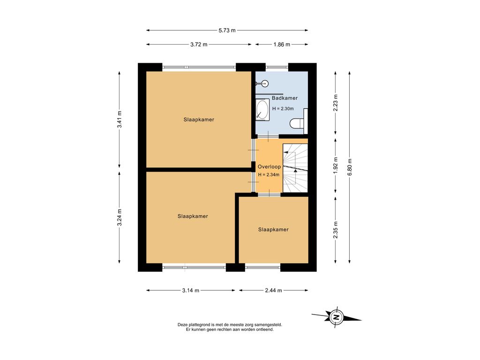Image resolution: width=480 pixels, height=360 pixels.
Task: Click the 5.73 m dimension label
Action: (227, 30)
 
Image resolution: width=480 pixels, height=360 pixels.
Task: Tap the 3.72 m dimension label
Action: (199, 45)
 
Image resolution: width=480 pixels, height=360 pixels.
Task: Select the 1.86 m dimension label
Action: (282, 45)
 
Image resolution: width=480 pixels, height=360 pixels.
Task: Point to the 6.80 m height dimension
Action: (350, 167)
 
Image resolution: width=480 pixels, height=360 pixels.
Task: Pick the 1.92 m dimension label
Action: (336, 165)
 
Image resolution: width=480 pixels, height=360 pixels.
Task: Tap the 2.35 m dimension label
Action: (336, 230)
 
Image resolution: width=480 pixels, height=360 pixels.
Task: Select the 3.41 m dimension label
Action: (120, 120)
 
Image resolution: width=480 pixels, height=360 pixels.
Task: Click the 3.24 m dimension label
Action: (120, 217)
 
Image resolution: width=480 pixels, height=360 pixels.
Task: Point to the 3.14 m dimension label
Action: (190, 291)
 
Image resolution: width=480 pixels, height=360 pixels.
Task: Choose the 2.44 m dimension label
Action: (273, 291)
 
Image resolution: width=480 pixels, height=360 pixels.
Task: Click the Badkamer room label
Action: (285, 98)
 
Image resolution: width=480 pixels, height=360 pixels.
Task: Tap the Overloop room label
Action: (269, 167)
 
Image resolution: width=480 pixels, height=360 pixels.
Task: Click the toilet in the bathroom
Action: (297, 123)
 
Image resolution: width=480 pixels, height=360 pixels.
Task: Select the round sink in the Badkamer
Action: (264, 83)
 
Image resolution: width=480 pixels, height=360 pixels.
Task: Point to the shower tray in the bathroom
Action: (262, 110)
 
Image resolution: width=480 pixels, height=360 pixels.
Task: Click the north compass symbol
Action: (337, 317)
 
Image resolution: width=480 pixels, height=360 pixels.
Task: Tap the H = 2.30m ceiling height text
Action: (283, 109)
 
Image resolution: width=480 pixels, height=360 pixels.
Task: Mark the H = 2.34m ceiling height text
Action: (269, 175)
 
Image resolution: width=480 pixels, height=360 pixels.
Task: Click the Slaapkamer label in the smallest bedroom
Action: (273, 230)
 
